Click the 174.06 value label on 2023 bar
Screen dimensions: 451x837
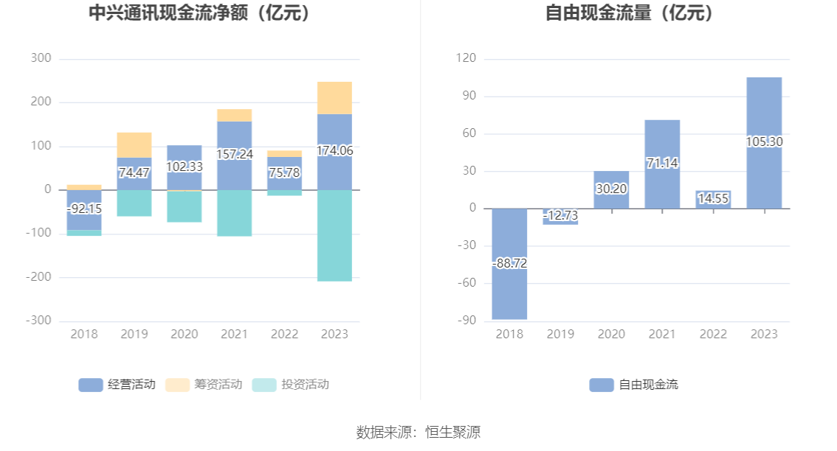334,151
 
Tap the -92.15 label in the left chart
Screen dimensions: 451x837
84,209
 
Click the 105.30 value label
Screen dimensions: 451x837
764,141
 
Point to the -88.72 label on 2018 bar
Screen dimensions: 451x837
509,263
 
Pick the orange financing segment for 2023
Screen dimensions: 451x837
334,98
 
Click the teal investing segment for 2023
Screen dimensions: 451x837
334,235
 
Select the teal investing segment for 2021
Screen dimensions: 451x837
234,213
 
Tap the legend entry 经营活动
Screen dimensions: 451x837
117,385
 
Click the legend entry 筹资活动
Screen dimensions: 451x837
204,385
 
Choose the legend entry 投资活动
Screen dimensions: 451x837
291,385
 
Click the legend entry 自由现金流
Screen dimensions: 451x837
634,385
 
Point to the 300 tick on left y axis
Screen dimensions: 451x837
41,58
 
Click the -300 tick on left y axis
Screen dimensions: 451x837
38,321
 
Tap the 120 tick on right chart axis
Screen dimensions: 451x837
466,58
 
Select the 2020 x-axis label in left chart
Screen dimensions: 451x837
185,335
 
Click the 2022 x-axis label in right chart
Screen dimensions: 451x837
713,335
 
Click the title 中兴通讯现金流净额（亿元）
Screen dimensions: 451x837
199,13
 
